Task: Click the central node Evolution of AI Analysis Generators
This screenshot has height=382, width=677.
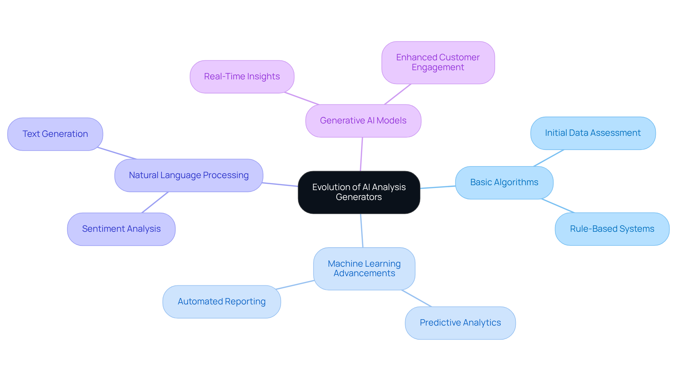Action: (x=359, y=192)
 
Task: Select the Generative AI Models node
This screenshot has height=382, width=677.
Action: (x=363, y=121)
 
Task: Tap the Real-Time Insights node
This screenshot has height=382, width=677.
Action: (x=242, y=77)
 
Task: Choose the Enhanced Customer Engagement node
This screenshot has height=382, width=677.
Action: (x=438, y=62)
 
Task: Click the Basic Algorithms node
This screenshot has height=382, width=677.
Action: (x=504, y=182)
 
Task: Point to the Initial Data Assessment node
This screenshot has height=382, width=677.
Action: (x=593, y=133)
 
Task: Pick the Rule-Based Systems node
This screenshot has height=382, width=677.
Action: (x=612, y=229)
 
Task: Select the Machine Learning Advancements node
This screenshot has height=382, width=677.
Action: (x=364, y=268)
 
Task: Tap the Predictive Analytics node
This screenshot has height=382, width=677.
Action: (x=460, y=323)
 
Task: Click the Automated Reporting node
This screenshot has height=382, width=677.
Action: (x=221, y=302)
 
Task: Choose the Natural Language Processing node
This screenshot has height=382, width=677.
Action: (x=189, y=175)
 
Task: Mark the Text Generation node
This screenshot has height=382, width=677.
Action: (x=55, y=134)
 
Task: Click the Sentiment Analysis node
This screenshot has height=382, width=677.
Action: (x=121, y=229)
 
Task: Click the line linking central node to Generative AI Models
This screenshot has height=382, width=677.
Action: (x=361, y=154)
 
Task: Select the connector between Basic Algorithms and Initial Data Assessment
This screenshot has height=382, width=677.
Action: (x=549, y=158)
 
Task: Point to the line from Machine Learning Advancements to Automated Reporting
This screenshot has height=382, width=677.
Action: (x=295, y=285)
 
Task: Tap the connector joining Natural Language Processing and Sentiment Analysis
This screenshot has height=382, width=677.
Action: (x=155, y=202)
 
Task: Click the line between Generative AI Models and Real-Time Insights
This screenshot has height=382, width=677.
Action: (x=302, y=99)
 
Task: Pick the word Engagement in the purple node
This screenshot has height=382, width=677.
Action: (x=438, y=67)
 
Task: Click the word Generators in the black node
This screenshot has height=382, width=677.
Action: (x=359, y=197)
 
